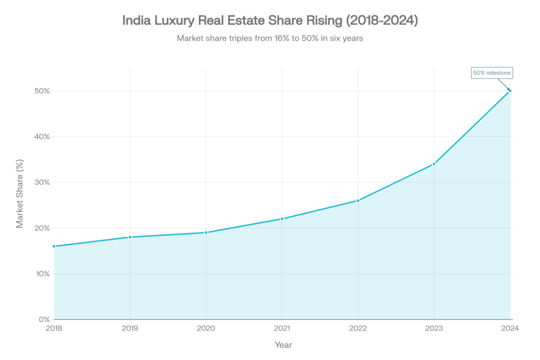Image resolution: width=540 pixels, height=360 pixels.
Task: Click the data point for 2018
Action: click(x=54, y=246)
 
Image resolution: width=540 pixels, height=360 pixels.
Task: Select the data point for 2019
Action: click(x=130, y=237)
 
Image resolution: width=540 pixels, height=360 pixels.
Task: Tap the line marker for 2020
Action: click(x=206, y=232)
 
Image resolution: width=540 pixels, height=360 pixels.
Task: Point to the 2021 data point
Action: click(x=282, y=219)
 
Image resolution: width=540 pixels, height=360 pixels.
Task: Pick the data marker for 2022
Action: click(x=358, y=200)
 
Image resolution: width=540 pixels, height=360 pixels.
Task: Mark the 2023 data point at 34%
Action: click(x=434, y=164)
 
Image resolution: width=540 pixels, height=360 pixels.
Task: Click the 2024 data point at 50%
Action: click(x=510, y=91)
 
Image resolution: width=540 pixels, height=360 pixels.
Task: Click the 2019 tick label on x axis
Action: click(x=130, y=328)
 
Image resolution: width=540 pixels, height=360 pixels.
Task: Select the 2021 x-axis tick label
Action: click(x=282, y=328)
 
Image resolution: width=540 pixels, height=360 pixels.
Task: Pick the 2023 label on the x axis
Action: click(x=434, y=328)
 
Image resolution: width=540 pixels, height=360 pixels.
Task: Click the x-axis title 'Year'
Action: click(x=283, y=345)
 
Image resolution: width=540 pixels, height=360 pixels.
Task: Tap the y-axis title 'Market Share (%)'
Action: click(x=20, y=193)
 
